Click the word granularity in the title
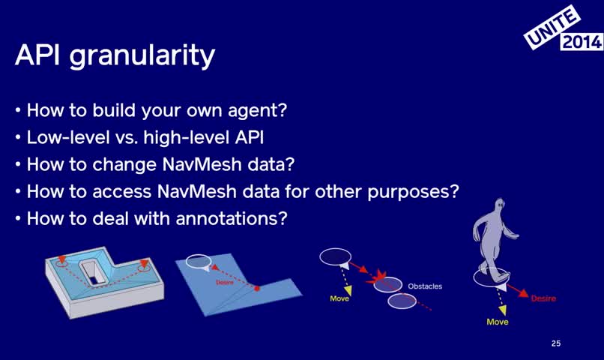pos(142,56)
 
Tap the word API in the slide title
pos(37,54)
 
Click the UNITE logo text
pos(552,27)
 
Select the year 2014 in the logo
pos(582,42)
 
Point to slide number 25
pos(556,343)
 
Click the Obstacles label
pos(425,286)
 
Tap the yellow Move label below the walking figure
pos(498,322)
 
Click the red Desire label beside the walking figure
pos(543,298)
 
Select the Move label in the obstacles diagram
pos(339,298)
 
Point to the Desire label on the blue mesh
pos(225,283)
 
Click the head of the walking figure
pos(499,205)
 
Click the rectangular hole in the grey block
pos(92,272)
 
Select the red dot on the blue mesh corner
pos(257,288)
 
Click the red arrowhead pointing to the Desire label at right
pos(523,293)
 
